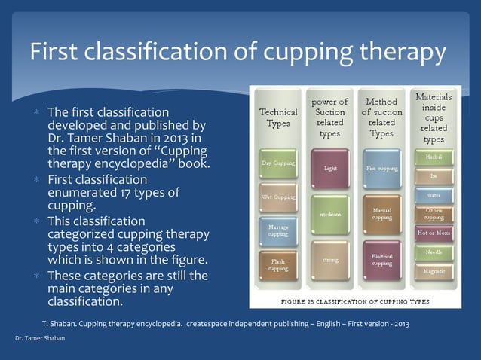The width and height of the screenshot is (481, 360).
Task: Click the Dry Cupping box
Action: point(278,163)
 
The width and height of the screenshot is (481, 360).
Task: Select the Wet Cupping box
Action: point(278,197)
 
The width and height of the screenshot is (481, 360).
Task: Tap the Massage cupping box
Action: point(278,230)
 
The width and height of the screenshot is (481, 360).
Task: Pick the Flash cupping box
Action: point(278,264)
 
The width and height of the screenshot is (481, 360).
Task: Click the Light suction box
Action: point(330,168)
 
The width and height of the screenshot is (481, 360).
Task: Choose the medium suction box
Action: point(330,215)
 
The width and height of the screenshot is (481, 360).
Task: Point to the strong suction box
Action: point(330,261)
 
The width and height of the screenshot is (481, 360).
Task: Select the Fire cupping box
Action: point(382,168)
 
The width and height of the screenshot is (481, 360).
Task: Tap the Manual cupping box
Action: point(382,215)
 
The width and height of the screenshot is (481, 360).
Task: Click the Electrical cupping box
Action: point(382,261)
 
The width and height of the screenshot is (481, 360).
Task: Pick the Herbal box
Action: point(434,157)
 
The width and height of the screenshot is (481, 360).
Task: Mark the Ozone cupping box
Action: point(434,214)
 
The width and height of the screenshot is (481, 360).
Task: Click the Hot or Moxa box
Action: point(434,233)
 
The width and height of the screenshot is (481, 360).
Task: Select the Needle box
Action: point(434,252)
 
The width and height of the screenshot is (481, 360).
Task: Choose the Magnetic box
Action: point(434,270)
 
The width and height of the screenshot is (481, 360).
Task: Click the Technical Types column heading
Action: point(278,117)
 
